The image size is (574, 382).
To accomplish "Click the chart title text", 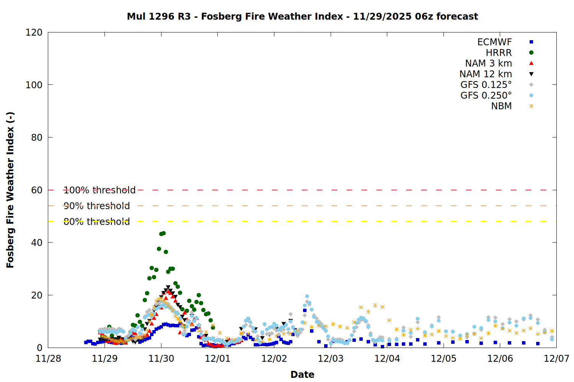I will coord(302,16).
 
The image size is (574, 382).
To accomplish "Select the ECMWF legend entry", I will coord(494,42).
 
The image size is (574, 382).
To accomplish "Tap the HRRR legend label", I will coord(499,53).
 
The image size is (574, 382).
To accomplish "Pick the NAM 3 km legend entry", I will coord(488,63).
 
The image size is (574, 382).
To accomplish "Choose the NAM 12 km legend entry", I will coord(486,74).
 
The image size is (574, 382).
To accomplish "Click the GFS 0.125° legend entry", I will coord(486,85).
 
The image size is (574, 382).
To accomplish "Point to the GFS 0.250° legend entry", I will coord(486,95).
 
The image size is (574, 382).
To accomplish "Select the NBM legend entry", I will coord(501,106).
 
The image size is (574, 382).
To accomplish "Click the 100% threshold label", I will coord(99,190).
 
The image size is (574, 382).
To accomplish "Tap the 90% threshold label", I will coord(97,206).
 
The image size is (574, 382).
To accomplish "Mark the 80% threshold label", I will coord(97,222).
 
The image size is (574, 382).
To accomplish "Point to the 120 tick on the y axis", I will coord(34,32).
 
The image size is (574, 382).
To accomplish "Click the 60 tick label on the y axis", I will coord(37,190).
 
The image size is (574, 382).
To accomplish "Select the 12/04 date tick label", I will coord(387,358).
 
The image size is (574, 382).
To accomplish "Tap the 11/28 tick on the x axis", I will coord(48,358).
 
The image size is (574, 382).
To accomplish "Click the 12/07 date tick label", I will coord(556,358).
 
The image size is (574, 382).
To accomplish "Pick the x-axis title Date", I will coord(302,374).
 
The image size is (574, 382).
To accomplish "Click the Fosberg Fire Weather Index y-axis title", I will coord(10,190).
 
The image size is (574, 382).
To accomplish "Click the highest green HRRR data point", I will coord(163,233).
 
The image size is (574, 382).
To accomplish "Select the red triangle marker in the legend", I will coord(531,63).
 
